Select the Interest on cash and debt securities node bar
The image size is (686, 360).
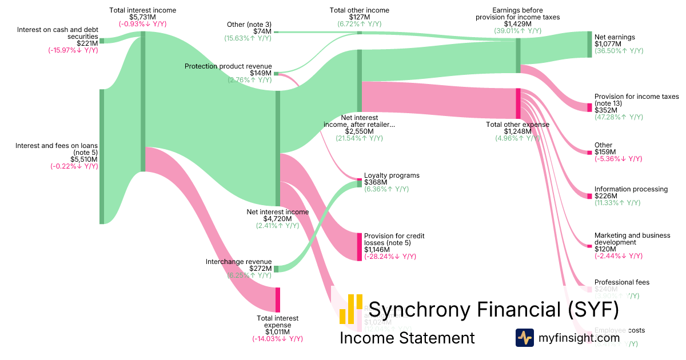(x=102, y=41)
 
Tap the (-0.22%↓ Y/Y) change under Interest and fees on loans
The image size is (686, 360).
(x=73, y=166)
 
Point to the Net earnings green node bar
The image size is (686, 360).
(x=589, y=45)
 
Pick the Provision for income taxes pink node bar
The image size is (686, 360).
(x=589, y=107)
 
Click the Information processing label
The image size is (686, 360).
(x=631, y=189)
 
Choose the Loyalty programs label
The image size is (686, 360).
(x=392, y=175)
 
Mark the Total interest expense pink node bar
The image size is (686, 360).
(x=278, y=299)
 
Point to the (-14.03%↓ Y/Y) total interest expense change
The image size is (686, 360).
(x=277, y=339)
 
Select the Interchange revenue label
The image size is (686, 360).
(x=238, y=262)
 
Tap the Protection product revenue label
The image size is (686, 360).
(x=228, y=66)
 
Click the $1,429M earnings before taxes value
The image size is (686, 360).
(x=517, y=23)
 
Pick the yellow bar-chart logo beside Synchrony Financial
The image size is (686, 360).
(x=350, y=309)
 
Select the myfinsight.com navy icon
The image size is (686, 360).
(x=524, y=338)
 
